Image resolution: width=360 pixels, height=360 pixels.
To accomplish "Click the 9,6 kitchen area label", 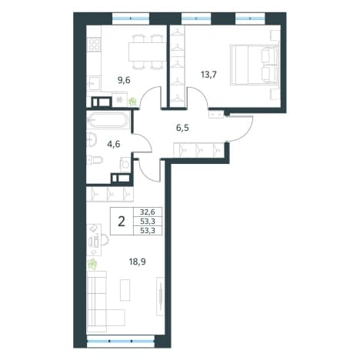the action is point(124,81).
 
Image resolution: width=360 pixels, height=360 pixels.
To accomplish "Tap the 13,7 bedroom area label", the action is point(209,75).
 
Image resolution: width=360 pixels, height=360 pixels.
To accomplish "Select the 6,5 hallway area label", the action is point(182,128).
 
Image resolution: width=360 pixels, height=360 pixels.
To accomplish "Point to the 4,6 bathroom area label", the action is point(114,144).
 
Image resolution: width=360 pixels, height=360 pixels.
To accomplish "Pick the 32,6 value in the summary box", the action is point(148,212).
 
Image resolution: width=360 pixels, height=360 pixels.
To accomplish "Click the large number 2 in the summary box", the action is point(122,221).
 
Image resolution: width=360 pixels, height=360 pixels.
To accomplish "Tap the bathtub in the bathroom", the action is point(108,120).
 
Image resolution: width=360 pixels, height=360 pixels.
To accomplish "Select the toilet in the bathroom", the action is point(95,161).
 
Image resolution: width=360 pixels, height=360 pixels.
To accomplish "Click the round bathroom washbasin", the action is point(92,140).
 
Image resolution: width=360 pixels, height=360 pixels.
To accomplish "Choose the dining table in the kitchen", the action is point(147,52).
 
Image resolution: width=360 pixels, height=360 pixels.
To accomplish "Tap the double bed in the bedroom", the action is point(254,65).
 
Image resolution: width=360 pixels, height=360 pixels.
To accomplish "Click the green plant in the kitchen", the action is point(132,102).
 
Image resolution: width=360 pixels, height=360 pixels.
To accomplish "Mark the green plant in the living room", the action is point(92,264).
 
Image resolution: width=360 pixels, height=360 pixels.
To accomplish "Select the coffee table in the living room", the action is point(125,290).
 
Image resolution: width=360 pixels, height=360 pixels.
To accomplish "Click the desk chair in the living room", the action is point(105,240).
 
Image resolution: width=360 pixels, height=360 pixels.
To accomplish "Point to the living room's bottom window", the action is point(121,342).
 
